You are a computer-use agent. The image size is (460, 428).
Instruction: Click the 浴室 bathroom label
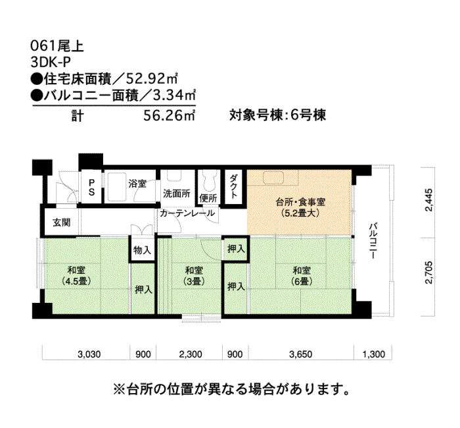pos(137,184)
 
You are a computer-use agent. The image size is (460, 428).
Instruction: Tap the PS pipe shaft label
pos(91,188)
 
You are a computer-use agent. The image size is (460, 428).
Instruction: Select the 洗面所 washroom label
pos(177,194)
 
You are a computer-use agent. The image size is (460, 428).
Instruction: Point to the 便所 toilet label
pos(208,198)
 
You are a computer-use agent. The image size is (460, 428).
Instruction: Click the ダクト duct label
pos(233,186)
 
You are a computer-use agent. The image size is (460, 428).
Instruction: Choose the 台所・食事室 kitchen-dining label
pos(300,207)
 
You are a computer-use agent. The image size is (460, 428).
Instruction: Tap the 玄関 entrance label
pos(62,223)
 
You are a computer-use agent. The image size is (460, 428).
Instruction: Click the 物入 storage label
pos(143,250)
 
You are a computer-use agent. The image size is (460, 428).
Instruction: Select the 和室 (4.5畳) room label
pos(76,275)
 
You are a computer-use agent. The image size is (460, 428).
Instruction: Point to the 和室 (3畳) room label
pos(194,275)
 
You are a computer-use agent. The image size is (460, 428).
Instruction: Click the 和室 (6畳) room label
pos(302,275)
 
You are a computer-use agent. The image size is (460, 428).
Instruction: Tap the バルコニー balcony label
pos(373,241)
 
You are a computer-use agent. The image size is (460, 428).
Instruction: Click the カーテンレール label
pos(187,213)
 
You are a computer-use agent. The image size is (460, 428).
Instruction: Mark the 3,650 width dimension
pos(301,354)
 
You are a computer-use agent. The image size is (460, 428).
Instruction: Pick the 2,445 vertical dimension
pos(428,200)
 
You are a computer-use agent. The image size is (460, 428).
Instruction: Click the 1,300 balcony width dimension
pos(373,354)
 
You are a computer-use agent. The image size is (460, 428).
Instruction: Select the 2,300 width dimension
pos(191,354)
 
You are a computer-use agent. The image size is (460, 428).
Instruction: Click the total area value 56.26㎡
pos(170,115)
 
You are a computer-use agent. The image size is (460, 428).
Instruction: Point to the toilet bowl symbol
pos(208,180)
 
